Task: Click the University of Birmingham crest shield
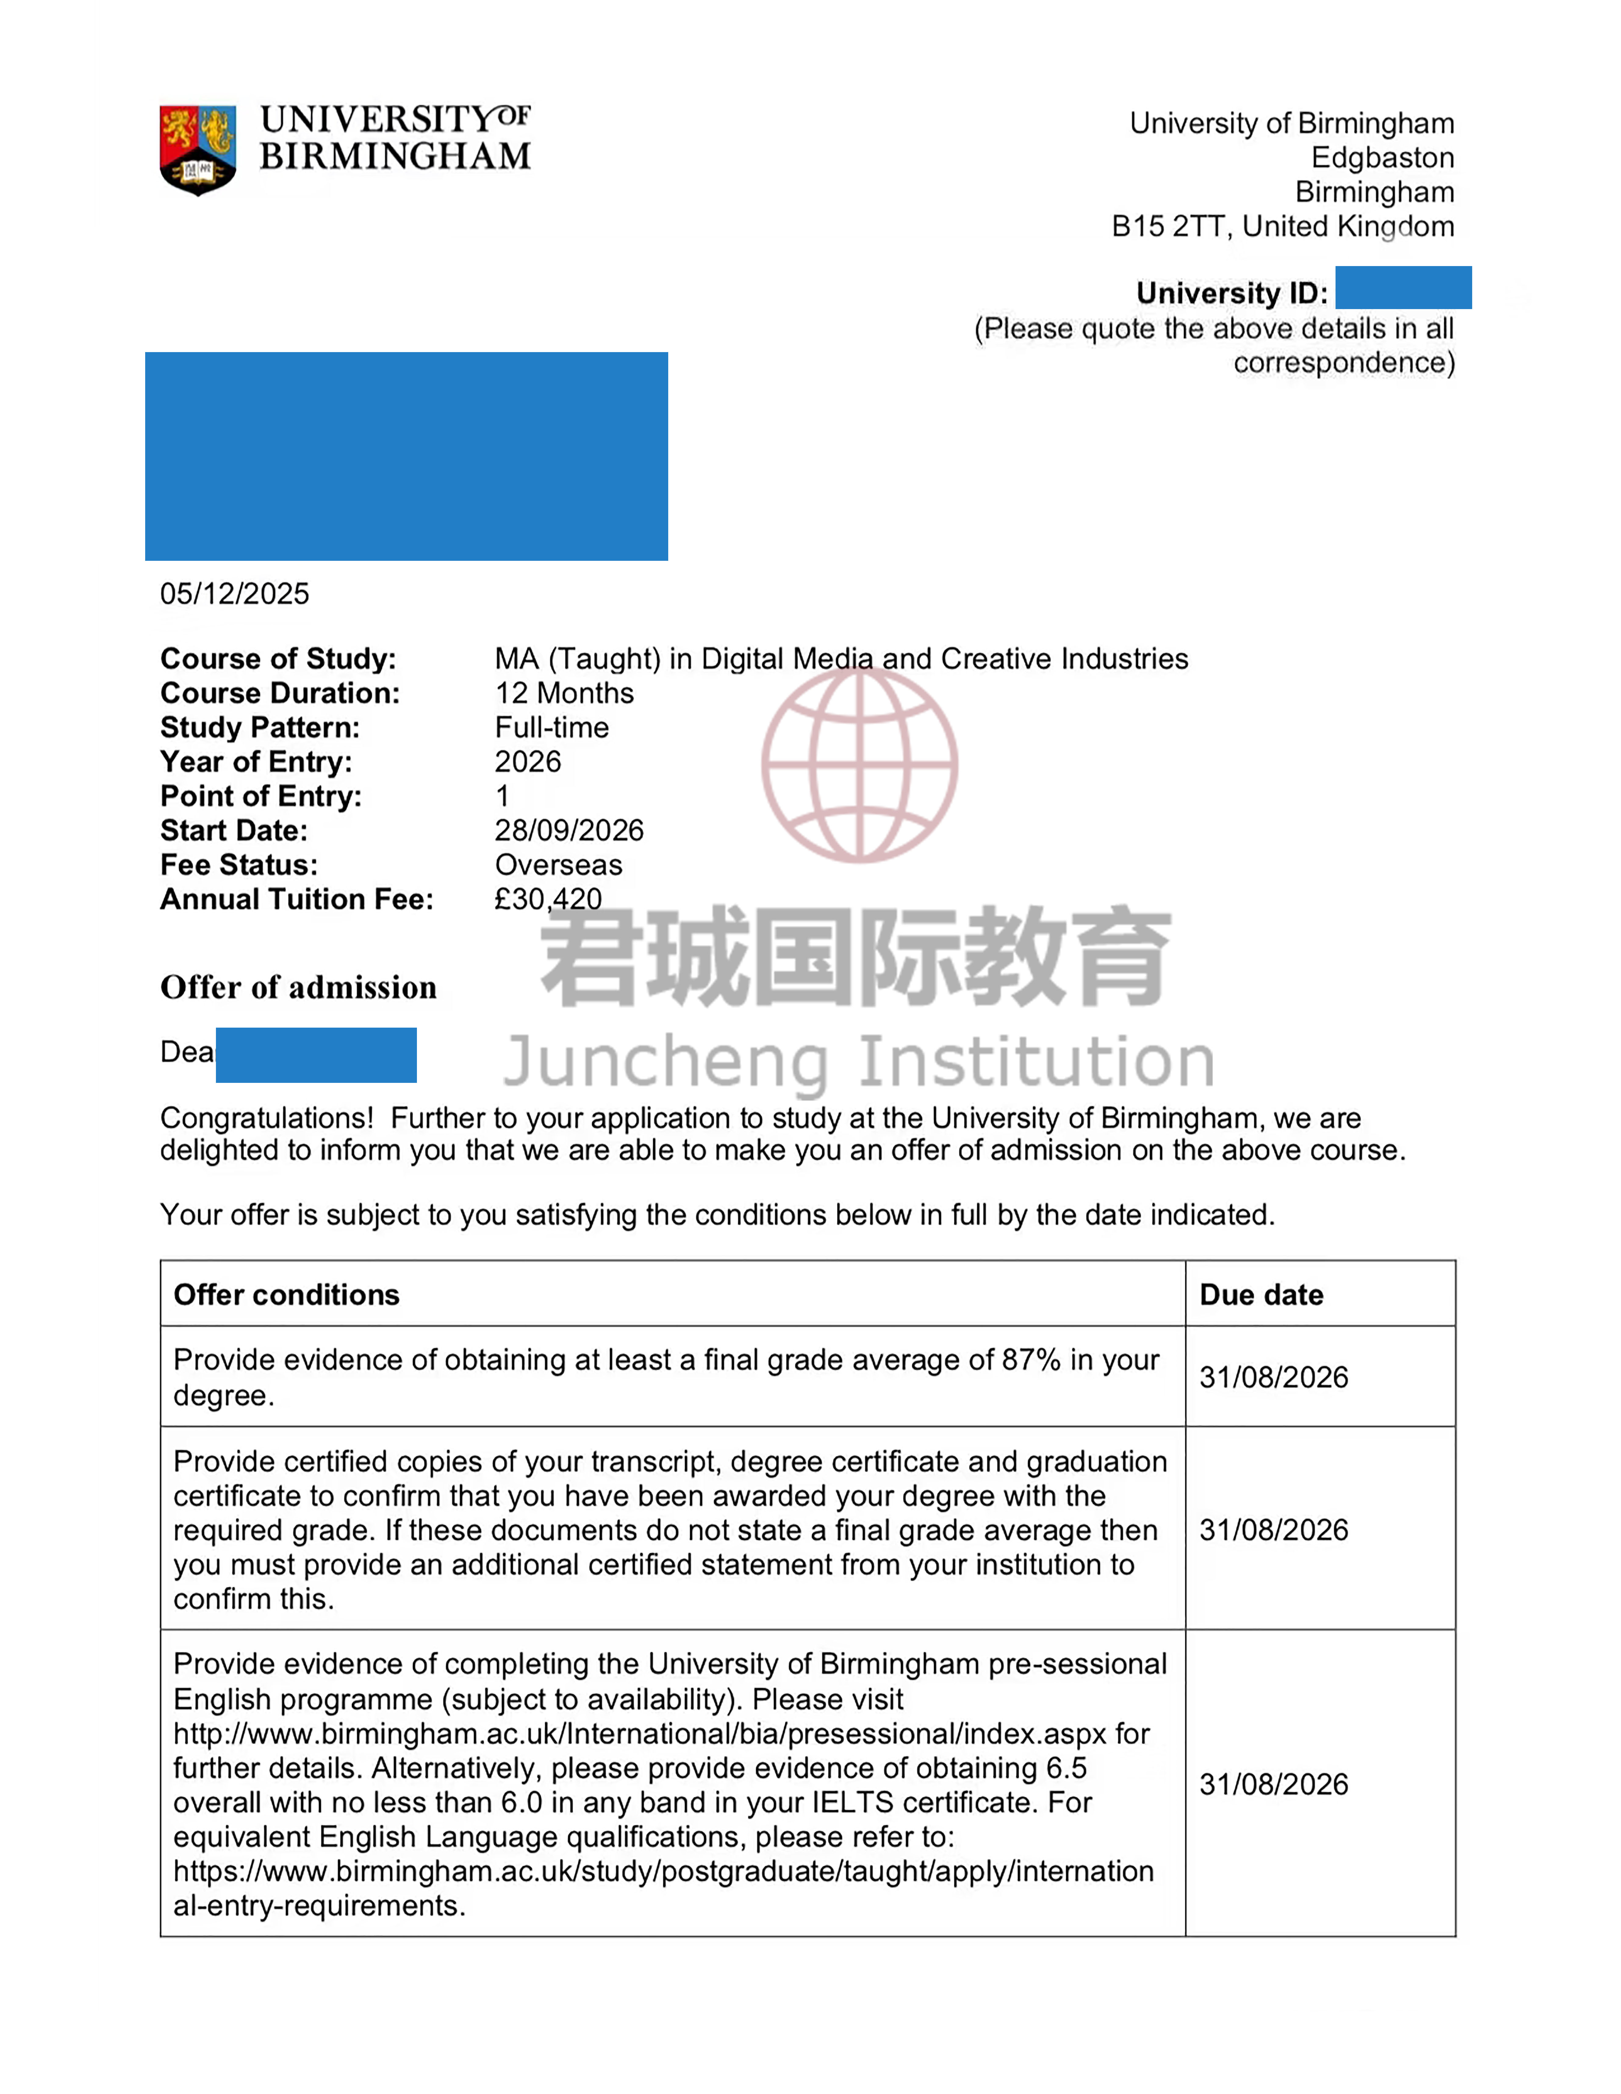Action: (197, 150)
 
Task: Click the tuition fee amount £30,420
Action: (548, 899)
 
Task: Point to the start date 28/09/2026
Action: (569, 830)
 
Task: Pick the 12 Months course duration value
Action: (565, 693)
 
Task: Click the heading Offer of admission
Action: (298, 988)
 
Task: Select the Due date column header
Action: (1261, 1295)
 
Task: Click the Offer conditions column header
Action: (287, 1295)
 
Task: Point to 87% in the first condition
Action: (1031, 1361)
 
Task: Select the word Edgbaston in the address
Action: (1382, 158)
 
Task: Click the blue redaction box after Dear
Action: (316, 1055)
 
